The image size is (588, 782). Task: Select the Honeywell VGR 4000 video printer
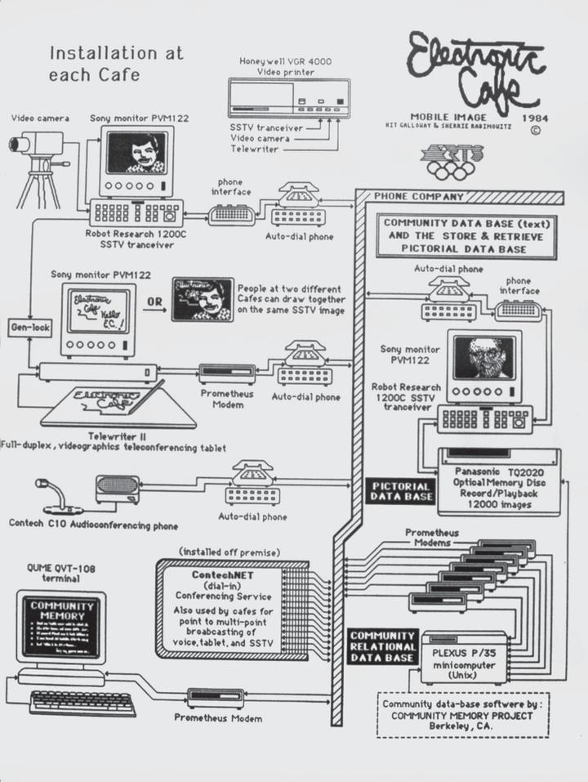click(x=288, y=98)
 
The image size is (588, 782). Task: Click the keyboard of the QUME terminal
click(x=71, y=702)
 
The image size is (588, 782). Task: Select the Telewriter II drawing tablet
click(x=118, y=406)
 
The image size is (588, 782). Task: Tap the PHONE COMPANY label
click(x=419, y=197)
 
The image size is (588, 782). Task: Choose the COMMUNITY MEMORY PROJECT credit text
click(x=461, y=716)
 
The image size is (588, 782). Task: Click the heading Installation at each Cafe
click(x=117, y=63)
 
